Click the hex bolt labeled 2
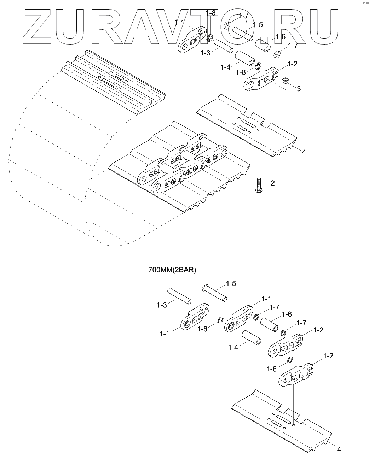[x=259, y=185]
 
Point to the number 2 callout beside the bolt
[x=273, y=183]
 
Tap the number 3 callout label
[x=299, y=89]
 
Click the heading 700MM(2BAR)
[x=172, y=270]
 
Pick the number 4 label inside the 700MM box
[x=339, y=449]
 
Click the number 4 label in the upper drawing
[x=304, y=152]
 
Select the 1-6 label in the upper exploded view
[x=281, y=36]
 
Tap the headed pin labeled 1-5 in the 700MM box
[x=214, y=293]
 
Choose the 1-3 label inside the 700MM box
[x=162, y=305]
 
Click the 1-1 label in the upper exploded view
[x=179, y=22]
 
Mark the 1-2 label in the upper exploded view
[x=292, y=64]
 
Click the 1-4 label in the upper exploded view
[x=225, y=67]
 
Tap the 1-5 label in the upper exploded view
[x=258, y=25]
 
